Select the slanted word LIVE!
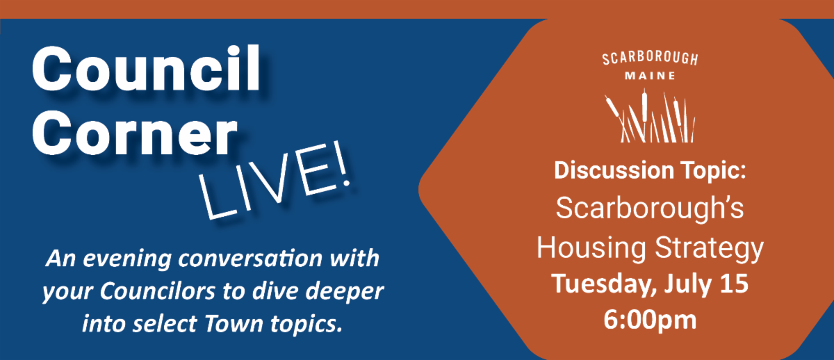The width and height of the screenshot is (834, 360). tap(275, 180)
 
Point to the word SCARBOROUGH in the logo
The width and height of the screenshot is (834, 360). tap(650, 58)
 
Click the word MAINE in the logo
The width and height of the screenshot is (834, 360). tap(650, 76)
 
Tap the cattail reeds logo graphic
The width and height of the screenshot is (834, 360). tap(650, 115)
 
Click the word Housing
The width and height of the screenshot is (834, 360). tap(591, 248)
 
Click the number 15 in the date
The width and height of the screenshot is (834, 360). tap(734, 284)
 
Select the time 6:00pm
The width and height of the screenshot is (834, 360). tap(650, 320)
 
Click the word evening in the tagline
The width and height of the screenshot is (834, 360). tap(127, 259)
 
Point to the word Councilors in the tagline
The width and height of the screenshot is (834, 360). tap(157, 291)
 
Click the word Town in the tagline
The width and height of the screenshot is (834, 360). tap(234, 324)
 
